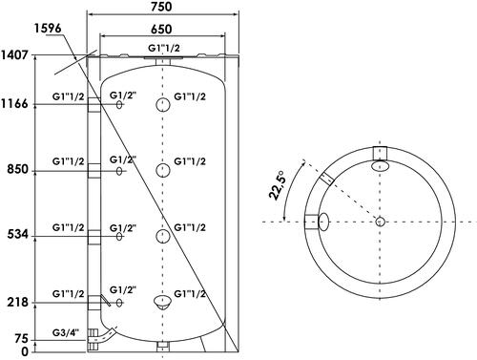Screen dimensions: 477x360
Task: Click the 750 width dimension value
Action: [161, 7]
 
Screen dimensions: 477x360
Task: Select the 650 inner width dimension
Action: [161, 30]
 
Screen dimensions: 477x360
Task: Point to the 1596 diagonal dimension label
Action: [48, 28]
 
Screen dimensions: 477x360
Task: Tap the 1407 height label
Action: [14, 55]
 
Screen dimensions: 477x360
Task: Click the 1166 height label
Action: [14, 104]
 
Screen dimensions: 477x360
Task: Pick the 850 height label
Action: [18, 169]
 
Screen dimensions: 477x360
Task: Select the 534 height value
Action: [18, 235]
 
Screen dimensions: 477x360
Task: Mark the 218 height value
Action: [18, 302]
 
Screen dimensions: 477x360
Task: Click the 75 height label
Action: [22, 339]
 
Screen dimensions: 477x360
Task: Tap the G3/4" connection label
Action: [65, 333]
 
